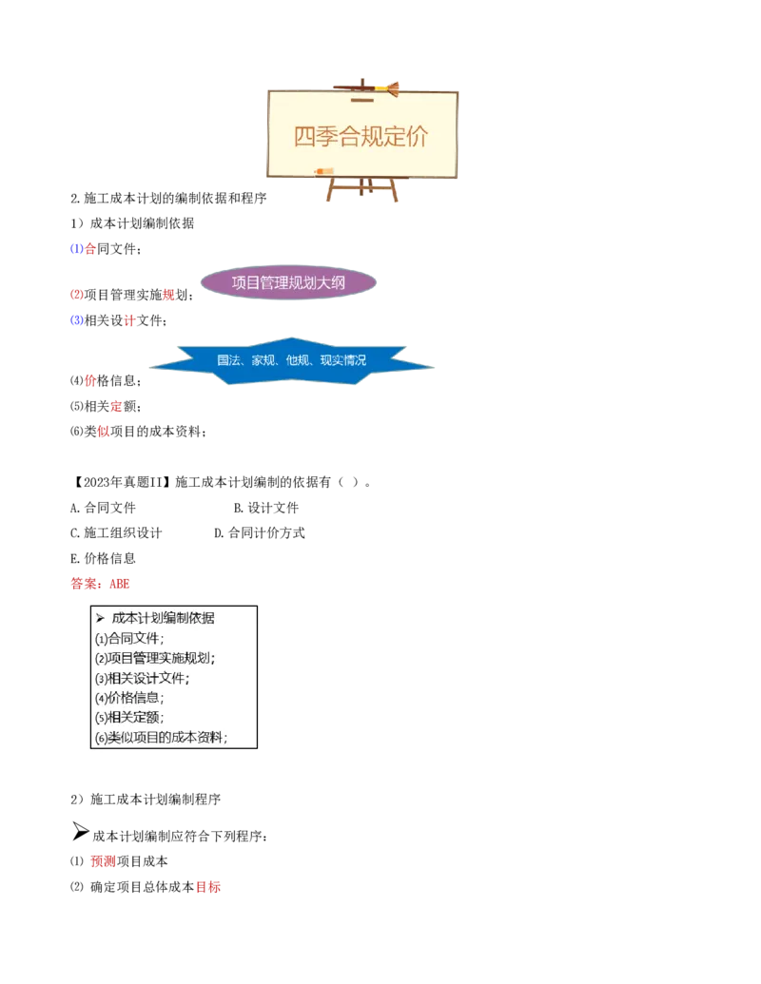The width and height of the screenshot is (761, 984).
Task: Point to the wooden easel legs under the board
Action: (x=362, y=189)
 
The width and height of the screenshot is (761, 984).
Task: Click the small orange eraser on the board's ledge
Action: (x=319, y=172)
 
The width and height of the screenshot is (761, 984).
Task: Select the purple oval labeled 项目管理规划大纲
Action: (x=288, y=282)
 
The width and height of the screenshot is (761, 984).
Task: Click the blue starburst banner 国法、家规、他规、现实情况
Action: (x=291, y=361)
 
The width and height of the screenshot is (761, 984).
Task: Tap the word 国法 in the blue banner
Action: (x=228, y=361)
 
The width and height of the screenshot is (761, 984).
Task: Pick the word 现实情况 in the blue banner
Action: (x=342, y=361)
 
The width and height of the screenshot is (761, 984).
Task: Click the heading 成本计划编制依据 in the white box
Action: (x=163, y=618)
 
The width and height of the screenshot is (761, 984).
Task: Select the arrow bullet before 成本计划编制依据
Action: (x=100, y=618)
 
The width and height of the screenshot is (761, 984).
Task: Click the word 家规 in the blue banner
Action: (x=263, y=361)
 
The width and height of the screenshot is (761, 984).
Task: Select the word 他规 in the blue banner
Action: (x=298, y=361)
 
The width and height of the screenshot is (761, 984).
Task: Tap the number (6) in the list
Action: (x=101, y=739)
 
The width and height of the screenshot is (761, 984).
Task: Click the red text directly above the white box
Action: (x=101, y=584)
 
